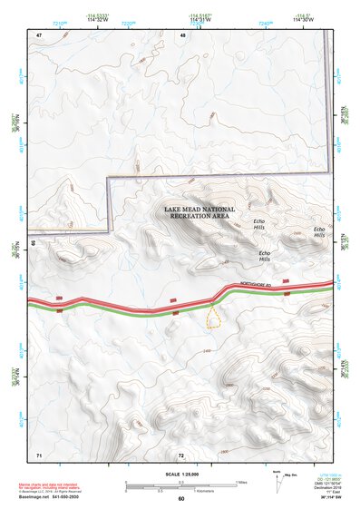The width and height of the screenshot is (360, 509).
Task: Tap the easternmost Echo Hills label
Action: (x=318, y=232)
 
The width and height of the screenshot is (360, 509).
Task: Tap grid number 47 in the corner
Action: (x=39, y=34)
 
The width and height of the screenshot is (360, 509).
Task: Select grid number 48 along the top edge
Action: (x=183, y=34)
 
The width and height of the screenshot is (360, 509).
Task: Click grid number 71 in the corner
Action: (x=39, y=453)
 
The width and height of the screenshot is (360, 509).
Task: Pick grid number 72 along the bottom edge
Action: (x=181, y=454)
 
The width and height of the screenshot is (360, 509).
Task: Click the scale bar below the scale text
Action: (x=181, y=485)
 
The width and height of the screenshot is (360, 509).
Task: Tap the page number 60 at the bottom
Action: (x=181, y=499)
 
